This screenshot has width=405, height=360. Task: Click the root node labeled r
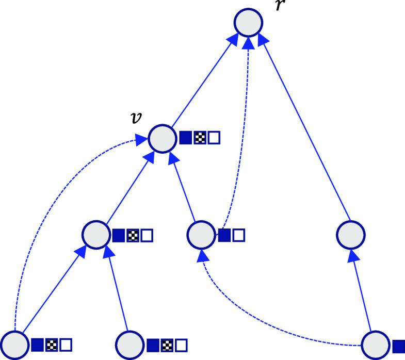pos(249,23)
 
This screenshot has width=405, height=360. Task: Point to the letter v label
pos(136,118)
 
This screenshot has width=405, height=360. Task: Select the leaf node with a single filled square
pos(375,345)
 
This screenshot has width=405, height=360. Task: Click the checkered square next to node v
pos(200,138)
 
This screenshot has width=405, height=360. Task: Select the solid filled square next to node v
pos(186,138)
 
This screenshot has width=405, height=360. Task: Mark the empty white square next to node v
pos(214,138)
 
